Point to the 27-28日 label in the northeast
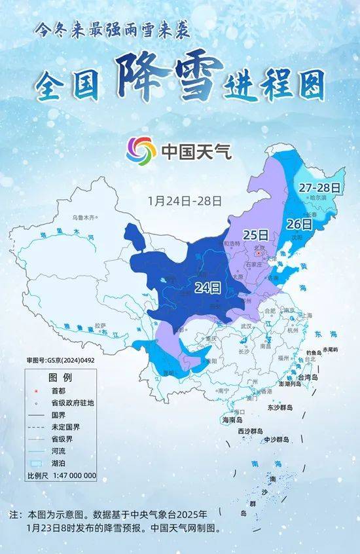click(x=320, y=187)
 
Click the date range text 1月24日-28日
click(x=185, y=199)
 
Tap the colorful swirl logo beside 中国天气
click(x=141, y=151)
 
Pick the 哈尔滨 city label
click(x=318, y=197)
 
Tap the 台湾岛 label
click(x=306, y=378)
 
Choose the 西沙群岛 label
click(x=250, y=431)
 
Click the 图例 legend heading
click(x=60, y=378)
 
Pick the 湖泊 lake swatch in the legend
click(x=37, y=463)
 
